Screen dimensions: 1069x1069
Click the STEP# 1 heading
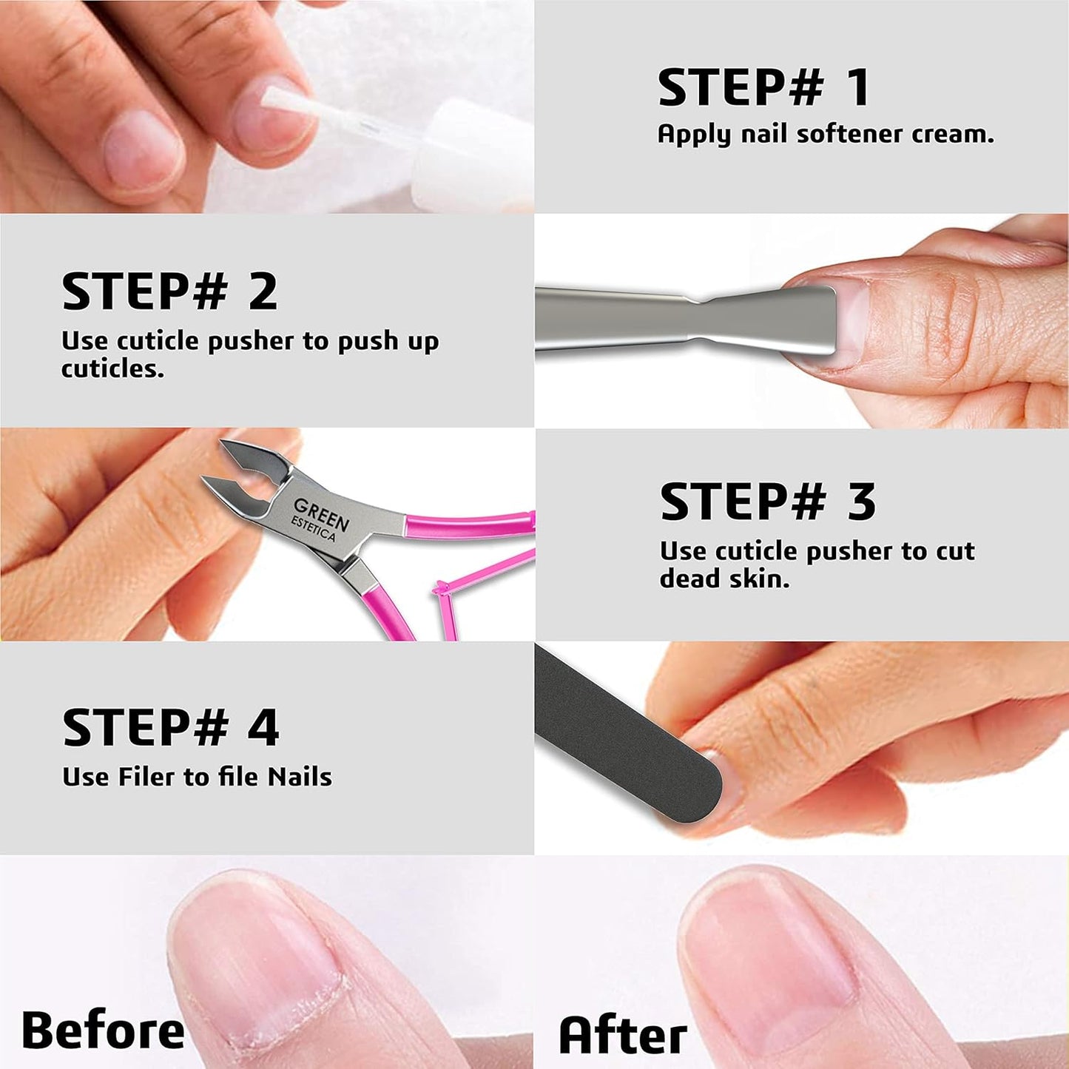point(763,88)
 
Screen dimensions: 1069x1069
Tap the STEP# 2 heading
point(169,291)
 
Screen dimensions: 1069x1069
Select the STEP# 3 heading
point(767,502)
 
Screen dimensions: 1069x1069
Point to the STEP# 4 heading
point(170,728)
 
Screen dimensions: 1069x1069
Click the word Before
point(103,1031)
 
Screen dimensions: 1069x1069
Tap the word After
point(622,1035)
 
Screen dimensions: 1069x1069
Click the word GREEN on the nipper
point(321,513)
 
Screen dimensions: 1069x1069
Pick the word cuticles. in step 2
point(112,368)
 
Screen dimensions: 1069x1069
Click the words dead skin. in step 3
point(724,579)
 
